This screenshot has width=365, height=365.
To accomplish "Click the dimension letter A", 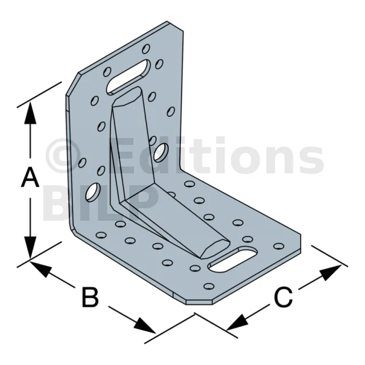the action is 30,178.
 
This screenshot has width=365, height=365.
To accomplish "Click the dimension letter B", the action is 90,297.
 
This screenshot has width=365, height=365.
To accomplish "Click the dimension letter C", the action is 283,297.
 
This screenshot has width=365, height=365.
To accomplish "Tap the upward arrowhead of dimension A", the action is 30,113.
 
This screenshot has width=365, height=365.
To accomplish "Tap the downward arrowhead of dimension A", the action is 30,248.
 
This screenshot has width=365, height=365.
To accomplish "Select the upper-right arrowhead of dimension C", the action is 331,272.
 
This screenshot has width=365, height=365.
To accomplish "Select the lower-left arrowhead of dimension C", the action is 237,323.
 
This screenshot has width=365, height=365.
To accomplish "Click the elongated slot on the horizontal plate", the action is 233,260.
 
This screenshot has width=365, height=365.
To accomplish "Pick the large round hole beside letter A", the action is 93,192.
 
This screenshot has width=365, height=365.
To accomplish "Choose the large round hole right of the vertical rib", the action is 161,152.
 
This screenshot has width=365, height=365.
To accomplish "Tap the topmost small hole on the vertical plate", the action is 146,49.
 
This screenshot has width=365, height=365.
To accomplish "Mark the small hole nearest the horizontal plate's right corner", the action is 279,246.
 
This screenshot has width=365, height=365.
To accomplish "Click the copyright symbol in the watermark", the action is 63,155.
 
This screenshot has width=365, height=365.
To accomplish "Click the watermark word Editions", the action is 217,155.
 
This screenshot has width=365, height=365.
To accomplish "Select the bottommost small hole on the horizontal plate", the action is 209,286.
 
